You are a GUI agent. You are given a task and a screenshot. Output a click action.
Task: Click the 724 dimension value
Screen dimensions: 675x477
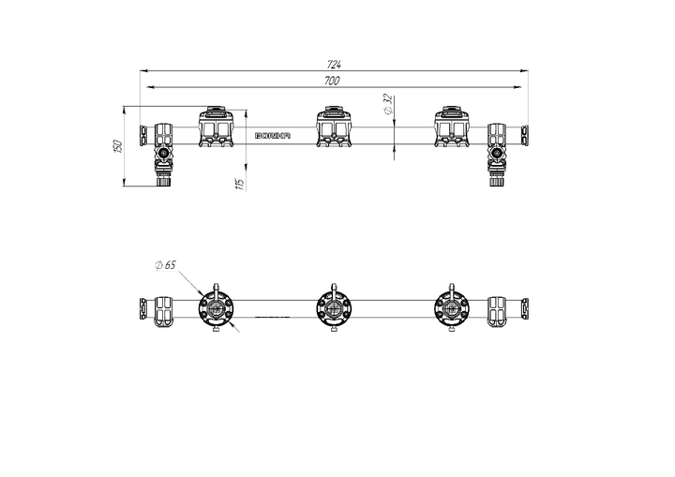(334, 65)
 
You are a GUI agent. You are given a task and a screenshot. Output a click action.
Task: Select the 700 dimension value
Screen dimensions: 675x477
(332, 81)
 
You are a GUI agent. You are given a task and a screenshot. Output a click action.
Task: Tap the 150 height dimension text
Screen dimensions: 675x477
(119, 145)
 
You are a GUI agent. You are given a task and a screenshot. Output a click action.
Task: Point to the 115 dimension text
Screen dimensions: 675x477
(241, 185)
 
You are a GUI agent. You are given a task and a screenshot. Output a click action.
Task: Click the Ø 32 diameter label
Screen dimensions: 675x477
(388, 104)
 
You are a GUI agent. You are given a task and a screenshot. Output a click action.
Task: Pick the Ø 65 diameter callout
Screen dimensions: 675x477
(166, 265)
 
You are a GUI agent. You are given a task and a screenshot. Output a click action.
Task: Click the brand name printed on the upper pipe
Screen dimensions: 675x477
(273, 136)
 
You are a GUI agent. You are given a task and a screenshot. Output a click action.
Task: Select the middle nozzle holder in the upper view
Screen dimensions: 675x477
(334, 127)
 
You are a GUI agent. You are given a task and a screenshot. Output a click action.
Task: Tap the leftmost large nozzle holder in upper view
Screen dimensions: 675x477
(216, 127)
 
